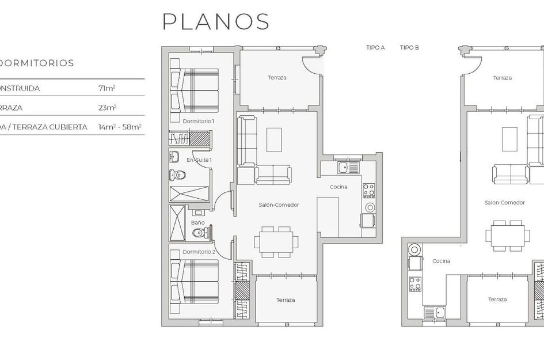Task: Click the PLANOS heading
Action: tap(216, 21)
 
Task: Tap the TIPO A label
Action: tap(375, 48)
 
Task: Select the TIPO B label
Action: tap(409, 48)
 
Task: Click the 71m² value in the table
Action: tap(107, 89)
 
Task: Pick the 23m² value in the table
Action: tap(107, 108)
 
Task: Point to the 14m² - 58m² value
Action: tap(120, 127)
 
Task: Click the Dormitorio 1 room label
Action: tap(198, 122)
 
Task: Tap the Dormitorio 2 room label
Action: tap(199, 252)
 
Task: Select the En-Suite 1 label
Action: tap(199, 160)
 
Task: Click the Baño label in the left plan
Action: tap(197, 222)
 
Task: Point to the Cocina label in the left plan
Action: tap(338, 187)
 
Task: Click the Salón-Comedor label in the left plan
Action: tap(278, 205)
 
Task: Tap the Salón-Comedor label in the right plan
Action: tap(504, 203)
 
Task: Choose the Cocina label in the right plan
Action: tap(441, 261)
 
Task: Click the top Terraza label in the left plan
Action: tap(277, 78)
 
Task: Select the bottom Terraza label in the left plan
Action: tap(286, 300)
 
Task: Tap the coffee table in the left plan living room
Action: tap(274, 139)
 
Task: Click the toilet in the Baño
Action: tap(199, 233)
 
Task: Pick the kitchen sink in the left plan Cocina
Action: tap(344, 168)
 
